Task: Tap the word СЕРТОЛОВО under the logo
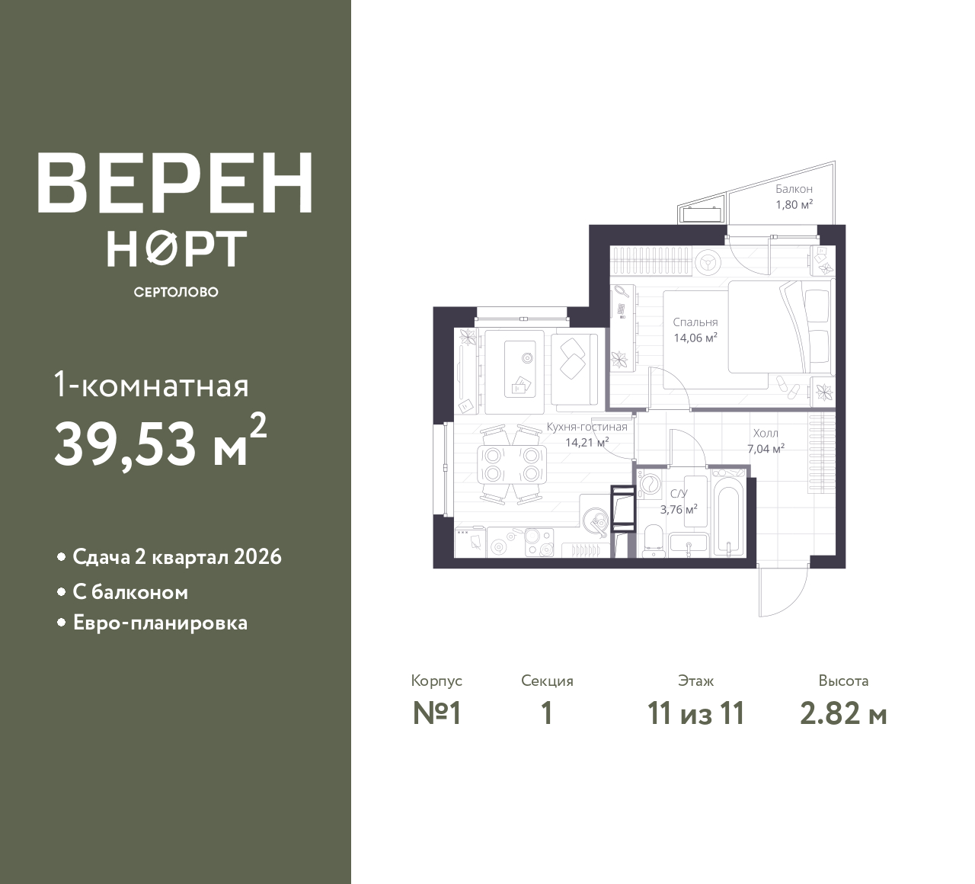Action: [x=175, y=293]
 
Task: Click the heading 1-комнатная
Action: [x=152, y=386]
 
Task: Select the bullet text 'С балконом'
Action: [x=130, y=592]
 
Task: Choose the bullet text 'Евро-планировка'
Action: [x=160, y=623]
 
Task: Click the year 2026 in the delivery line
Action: [x=258, y=557]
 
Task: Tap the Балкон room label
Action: [x=794, y=189]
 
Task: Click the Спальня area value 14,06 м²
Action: [x=695, y=338]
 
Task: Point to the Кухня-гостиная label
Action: [x=587, y=427]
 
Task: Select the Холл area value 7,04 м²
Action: [x=766, y=449]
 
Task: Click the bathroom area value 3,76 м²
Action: [x=678, y=510]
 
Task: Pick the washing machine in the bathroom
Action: [x=651, y=485]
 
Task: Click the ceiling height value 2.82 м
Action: [x=843, y=714]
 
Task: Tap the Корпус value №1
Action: [x=437, y=714]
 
